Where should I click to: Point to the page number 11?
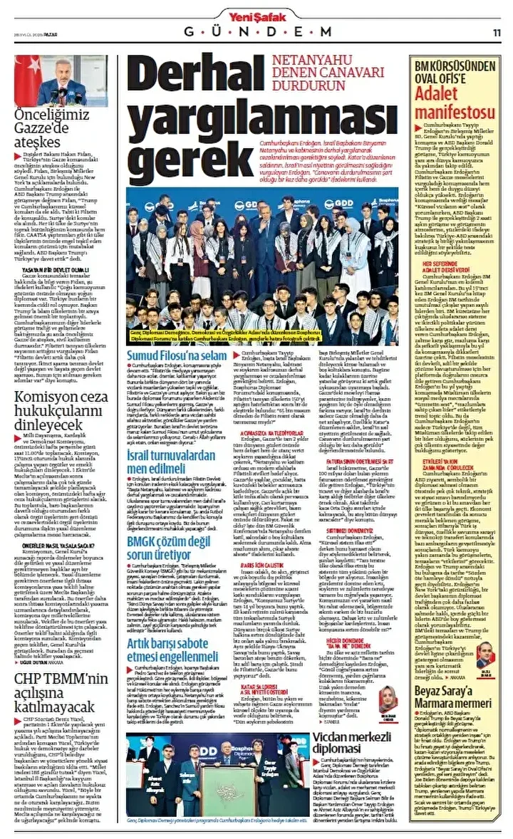tap(497, 32)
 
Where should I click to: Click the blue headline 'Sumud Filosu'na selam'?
tap(177, 355)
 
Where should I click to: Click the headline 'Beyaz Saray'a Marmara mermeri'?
tap(454, 692)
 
